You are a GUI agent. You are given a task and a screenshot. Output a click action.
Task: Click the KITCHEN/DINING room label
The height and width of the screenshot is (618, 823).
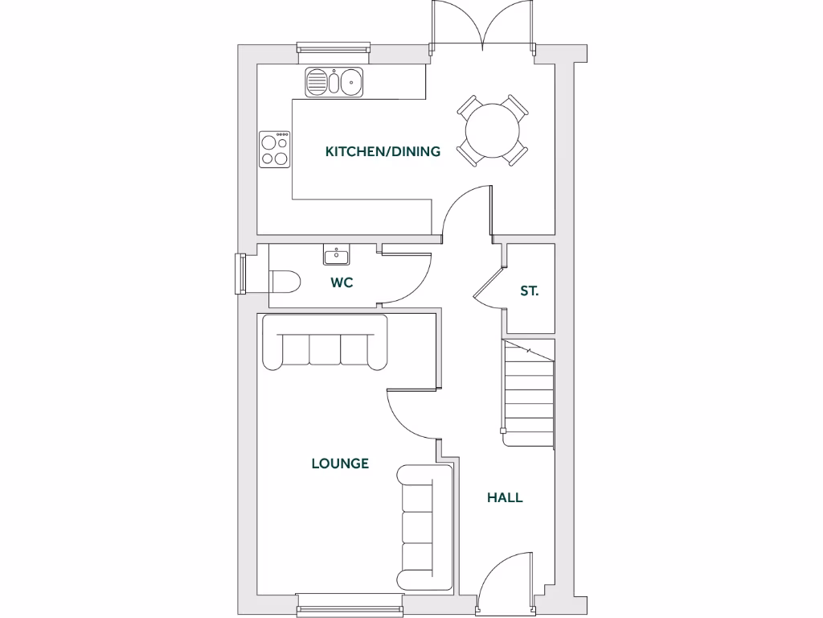383,151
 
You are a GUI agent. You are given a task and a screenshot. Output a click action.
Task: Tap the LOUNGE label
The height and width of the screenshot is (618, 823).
340,463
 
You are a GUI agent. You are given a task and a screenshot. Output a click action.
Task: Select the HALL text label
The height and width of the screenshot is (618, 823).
505,497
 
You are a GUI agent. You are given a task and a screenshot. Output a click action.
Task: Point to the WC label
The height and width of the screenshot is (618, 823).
342,282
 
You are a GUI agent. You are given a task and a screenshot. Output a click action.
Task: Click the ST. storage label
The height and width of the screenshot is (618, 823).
529,290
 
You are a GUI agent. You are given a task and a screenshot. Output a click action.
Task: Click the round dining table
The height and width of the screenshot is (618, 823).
493,130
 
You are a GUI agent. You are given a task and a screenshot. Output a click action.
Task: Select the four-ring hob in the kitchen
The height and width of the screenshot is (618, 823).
275,150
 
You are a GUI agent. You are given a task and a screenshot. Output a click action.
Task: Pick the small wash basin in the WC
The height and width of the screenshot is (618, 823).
336,257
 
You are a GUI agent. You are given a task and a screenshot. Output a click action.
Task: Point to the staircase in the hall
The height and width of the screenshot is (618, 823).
529,392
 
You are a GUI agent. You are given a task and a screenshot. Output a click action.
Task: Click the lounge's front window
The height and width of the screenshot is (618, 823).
349,604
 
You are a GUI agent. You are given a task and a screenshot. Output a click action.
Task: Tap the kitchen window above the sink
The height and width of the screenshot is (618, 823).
334,52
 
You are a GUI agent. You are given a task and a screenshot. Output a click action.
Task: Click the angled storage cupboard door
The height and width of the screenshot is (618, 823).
489,282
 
